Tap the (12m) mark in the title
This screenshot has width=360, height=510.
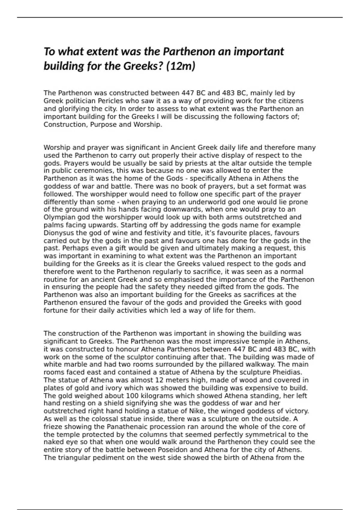(181, 66)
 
